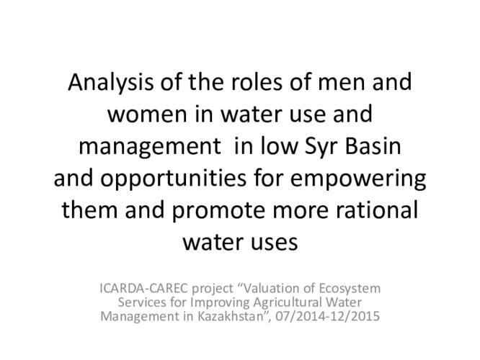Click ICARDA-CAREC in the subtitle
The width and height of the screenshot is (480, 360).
(143, 289)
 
